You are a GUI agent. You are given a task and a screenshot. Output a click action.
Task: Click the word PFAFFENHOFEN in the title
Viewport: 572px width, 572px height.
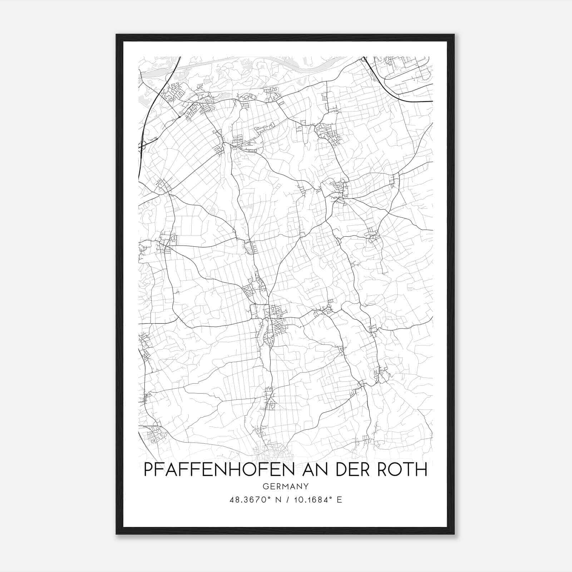219,470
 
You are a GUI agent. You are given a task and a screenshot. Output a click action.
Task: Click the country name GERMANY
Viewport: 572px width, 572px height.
285,486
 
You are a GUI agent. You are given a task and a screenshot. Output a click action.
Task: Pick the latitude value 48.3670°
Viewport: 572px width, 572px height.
249,500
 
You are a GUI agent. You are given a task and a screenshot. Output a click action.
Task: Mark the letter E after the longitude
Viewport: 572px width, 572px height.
339,500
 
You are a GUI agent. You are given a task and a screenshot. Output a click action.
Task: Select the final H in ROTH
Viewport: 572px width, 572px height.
422,470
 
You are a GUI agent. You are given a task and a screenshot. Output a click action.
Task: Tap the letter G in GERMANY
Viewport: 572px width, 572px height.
265,486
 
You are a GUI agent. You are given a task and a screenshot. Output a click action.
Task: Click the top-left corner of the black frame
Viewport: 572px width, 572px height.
117,35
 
